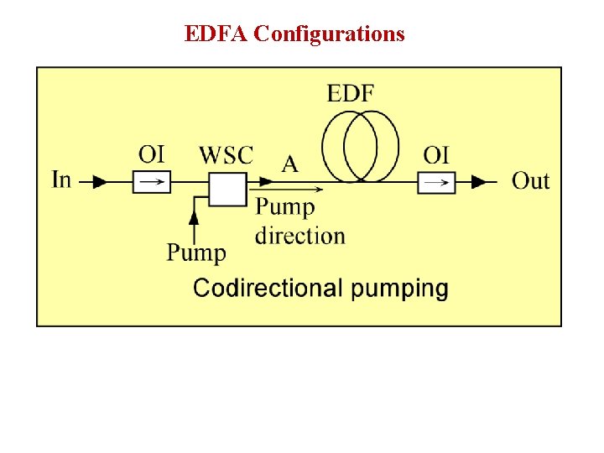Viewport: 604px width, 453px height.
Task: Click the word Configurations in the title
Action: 329,34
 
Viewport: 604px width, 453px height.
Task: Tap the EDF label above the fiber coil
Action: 351,93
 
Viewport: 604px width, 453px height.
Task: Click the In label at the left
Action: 61,180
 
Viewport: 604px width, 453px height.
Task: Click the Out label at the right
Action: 530,180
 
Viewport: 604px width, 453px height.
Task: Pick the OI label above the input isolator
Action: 152,154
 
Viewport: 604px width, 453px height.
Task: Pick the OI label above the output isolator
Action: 436,154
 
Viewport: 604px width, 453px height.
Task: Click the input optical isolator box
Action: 152,181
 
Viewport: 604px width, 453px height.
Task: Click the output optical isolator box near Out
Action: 436,181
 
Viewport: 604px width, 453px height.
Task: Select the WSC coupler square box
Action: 227,189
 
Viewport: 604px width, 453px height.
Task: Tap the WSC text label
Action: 226,155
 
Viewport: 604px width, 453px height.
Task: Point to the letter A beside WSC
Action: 289,164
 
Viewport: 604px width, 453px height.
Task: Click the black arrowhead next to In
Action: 99,181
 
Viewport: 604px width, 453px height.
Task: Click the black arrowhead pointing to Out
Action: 479,181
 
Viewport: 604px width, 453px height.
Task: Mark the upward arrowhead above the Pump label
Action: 195,217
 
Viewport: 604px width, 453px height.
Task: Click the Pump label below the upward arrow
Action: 196,253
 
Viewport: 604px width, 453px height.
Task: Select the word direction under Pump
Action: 300,236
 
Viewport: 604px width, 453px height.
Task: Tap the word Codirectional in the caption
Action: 268,289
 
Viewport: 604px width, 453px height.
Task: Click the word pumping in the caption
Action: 399,289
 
